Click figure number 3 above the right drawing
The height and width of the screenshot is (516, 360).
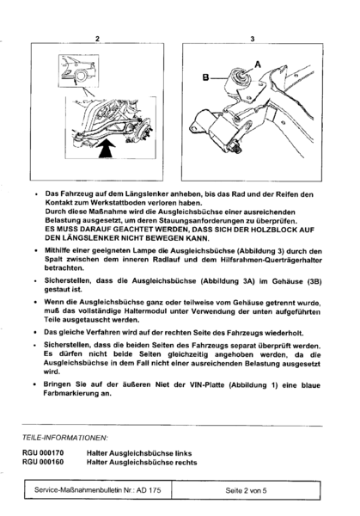(251, 40)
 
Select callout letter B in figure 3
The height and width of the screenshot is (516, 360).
(204, 78)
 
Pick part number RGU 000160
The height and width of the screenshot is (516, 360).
(46, 462)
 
